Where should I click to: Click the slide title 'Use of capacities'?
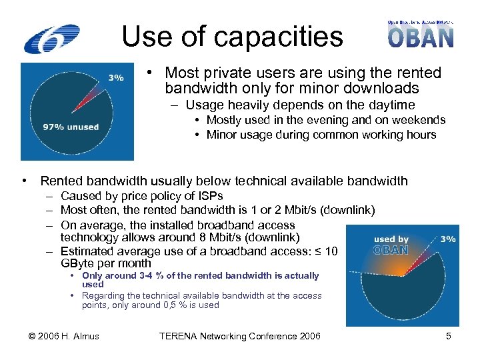tap(232, 37)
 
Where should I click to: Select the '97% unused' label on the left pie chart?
tap(71, 127)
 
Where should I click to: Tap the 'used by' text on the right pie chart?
tap(391, 239)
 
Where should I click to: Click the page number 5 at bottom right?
tap(449, 336)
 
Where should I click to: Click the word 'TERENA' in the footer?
tap(181, 336)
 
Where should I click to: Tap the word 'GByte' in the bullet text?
tap(77, 263)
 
